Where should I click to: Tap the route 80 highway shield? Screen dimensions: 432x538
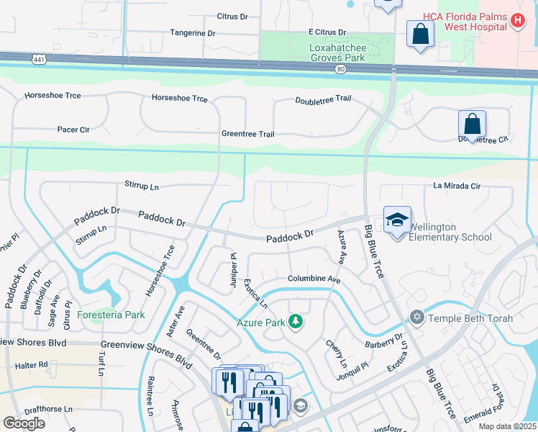[340, 68]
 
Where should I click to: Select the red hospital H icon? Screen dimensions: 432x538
[516, 21]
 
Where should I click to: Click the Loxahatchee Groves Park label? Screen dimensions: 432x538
[328, 48]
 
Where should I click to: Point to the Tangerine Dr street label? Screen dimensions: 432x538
[193, 33]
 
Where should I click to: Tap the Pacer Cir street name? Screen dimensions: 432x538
[73, 130]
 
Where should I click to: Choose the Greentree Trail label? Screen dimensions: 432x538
[248, 134]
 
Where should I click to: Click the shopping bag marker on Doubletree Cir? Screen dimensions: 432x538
[472, 125]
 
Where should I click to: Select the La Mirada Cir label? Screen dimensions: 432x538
[456, 186]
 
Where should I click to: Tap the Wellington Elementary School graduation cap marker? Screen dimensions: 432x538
[397, 220]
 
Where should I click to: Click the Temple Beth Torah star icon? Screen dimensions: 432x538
[416, 318]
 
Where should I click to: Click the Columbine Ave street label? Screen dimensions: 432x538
[314, 279]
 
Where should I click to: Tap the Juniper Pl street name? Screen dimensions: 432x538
[234, 270]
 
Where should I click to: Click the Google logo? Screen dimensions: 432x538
[24, 423]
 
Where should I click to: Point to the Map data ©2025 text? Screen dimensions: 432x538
[507, 426]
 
